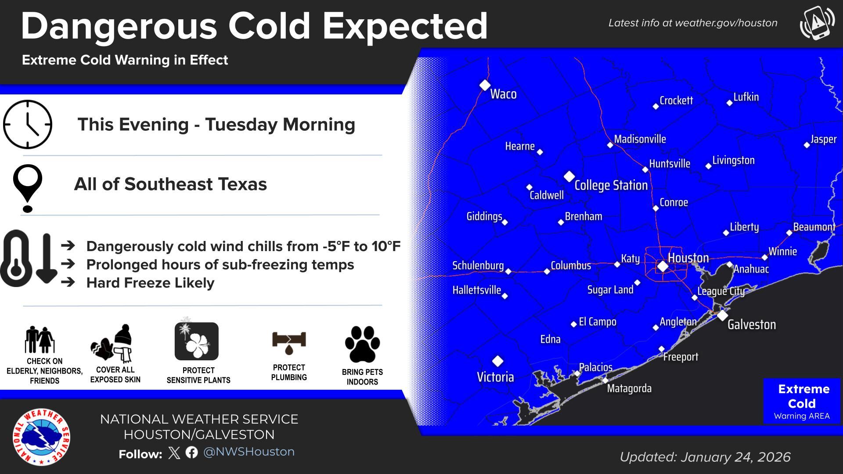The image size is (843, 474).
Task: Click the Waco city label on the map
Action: tap(503, 94)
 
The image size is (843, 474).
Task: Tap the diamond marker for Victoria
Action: tap(497, 361)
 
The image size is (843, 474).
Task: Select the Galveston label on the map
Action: tap(751, 325)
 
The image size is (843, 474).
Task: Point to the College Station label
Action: tap(611, 185)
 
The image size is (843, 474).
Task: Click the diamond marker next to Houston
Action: tap(663, 266)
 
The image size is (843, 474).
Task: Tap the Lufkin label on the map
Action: tap(746, 97)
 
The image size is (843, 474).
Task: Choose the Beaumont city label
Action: tap(814, 227)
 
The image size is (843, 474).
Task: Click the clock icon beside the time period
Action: tap(28, 124)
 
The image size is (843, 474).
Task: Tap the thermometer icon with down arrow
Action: tap(28, 259)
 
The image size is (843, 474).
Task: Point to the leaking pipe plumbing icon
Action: tap(289, 342)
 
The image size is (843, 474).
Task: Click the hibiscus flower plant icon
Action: tap(197, 341)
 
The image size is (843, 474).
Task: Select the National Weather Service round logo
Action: tap(41, 437)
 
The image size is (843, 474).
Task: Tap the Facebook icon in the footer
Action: tap(191, 452)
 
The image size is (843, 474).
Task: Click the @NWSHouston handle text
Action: tap(249, 452)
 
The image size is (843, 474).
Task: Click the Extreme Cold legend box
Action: tap(802, 401)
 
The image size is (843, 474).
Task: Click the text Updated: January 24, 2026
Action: tap(705, 457)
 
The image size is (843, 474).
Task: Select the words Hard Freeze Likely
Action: tap(150, 283)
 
